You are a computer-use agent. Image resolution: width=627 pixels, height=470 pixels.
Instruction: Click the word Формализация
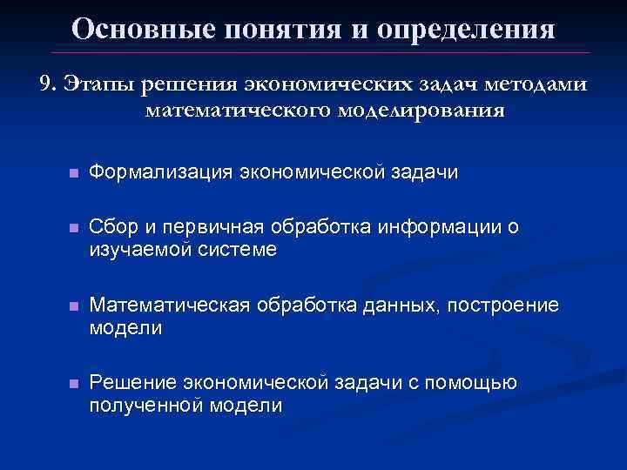160,173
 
